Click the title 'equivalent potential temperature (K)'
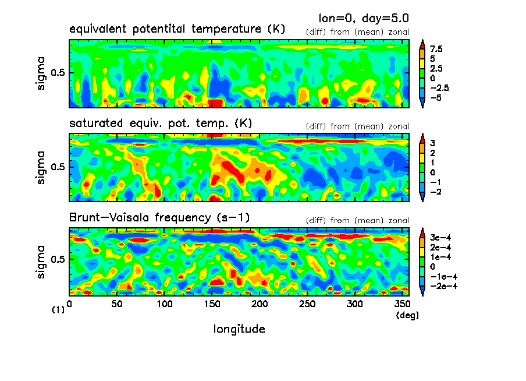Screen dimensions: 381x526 (177, 29)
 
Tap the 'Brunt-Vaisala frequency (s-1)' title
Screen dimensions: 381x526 (161, 218)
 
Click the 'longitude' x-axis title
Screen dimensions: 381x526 (239, 329)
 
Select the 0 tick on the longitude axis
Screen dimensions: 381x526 (70, 304)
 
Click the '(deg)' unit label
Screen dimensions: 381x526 (403, 315)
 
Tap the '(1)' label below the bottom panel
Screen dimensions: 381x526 (58, 311)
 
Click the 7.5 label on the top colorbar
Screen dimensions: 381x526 (436, 50)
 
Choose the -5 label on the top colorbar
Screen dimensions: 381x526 (436, 97)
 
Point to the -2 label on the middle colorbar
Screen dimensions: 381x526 (435, 192)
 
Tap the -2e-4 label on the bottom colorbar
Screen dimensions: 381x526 (442, 286)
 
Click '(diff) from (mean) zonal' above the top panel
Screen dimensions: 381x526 (357, 32)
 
